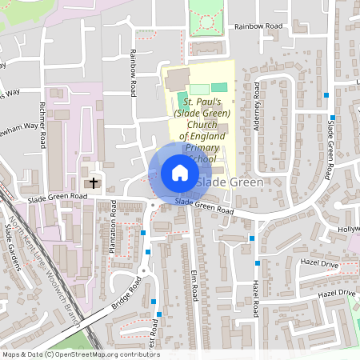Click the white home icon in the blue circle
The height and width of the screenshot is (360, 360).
(179, 173)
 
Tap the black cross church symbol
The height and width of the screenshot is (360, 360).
(94, 183)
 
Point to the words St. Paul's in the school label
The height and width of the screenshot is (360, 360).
(202, 102)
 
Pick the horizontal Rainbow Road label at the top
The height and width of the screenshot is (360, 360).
(259, 26)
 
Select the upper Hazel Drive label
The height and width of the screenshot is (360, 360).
(321, 263)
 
